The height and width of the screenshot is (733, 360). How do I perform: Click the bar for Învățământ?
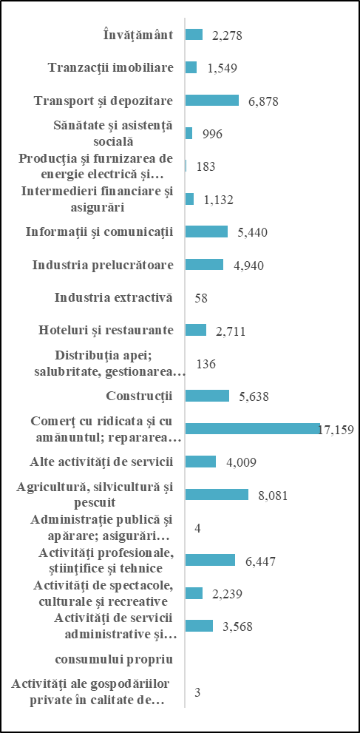(x=194, y=35)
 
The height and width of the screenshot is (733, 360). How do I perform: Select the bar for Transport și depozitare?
(x=212, y=101)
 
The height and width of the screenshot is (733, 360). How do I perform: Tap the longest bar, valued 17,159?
(x=253, y=429)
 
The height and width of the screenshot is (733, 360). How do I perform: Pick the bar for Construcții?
(x=207, y=396)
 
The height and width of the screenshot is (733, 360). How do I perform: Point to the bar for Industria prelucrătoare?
(x=205, y=265)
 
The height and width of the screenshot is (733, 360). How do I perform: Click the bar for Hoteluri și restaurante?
(x=196, y=330)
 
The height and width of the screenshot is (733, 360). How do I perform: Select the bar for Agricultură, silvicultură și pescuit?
(x=217, y=494)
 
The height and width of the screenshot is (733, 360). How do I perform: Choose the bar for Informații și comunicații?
(x=207, y=232)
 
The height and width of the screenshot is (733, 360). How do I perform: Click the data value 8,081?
(x=274, y=495)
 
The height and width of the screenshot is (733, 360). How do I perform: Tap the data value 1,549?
(x=223, y=68)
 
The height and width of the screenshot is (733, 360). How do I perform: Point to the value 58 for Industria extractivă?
(x=201, y=298)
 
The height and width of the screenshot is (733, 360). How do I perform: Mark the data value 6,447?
(x=260, y=561)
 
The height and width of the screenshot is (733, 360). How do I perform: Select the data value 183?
(x=206, y=167)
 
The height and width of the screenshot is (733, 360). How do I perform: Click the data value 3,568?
(x=238, y=626)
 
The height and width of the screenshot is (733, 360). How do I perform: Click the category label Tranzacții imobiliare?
(x=111, y=68)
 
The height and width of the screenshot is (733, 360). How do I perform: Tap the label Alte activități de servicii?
(x=101, y=462)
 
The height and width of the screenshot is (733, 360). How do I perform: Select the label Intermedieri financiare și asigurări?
(x=98, y=199)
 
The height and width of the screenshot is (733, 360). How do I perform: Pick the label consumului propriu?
(x=115, y=660)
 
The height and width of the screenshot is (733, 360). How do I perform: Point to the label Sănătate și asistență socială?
(x=114, y=133)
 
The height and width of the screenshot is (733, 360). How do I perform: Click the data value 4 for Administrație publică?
(x=198, y=528)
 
